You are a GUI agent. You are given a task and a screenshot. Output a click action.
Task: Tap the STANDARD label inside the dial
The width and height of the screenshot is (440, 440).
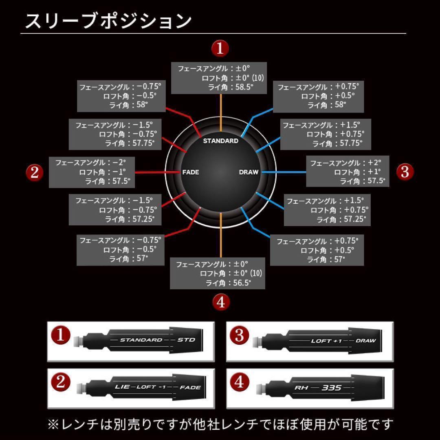point(220,141)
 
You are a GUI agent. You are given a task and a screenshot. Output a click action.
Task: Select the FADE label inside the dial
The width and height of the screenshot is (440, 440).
point(190,172)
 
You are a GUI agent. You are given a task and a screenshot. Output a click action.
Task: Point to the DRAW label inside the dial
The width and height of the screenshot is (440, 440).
point(249,172)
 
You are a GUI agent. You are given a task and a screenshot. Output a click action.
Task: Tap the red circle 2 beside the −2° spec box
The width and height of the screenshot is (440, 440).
point(35,172)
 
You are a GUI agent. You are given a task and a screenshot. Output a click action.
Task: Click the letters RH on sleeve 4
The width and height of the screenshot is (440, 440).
point(301,388)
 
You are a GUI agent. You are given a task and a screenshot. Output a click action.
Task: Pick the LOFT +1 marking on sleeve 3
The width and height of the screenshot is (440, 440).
point(326,341)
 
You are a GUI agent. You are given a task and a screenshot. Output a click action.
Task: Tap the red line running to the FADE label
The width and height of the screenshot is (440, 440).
point(157,172)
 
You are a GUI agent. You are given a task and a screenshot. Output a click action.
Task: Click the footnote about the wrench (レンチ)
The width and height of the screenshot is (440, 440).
point(220,424)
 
